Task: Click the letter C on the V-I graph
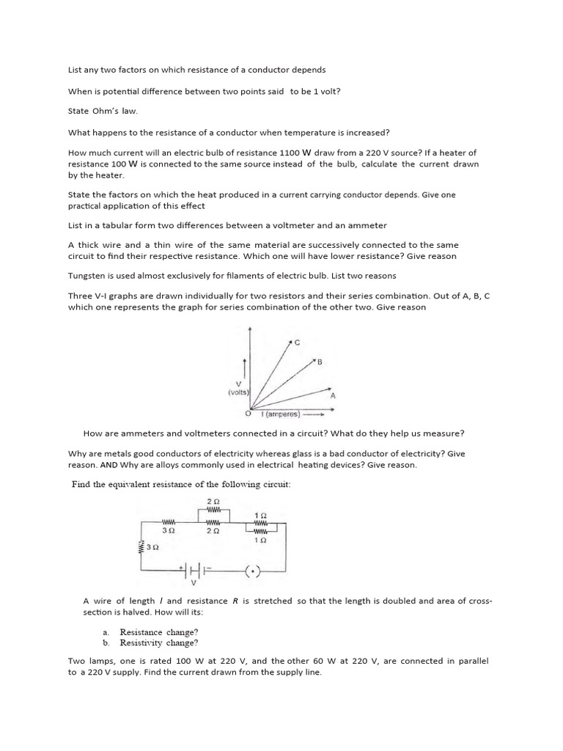coord(297,342)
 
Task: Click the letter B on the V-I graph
coord(320,362)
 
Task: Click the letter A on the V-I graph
coord(334,395)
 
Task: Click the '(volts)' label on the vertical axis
coord(238,392)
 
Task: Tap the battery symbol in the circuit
coord(193,568)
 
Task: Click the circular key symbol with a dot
coord(254,570)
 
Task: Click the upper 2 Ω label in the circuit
coord(215,501)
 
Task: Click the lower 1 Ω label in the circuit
coord(263,539)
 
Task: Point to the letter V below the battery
coord(193,584)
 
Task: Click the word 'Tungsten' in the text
coord(87,275)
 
